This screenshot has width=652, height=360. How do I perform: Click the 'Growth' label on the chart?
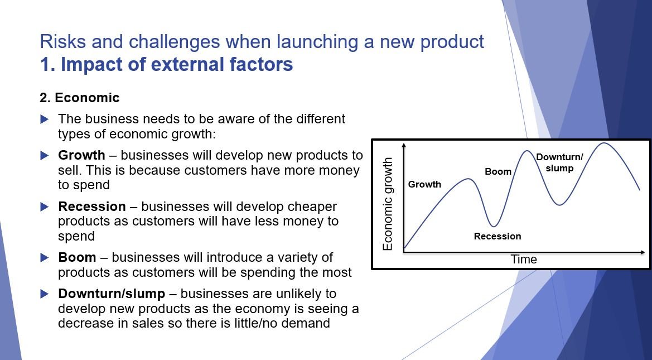click(424, 184)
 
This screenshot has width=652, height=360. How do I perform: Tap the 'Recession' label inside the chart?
click(498, 237)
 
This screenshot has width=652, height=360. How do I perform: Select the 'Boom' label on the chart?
click(498, 171)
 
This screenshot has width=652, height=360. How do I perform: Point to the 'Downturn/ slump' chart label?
click(559, 163)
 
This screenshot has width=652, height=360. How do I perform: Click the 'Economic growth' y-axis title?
click(387, 204)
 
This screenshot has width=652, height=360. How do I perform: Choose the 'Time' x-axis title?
click(524, 260)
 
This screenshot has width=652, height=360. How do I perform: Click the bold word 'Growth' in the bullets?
click(81, 155)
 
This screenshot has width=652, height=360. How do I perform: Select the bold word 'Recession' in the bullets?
click(92, 207)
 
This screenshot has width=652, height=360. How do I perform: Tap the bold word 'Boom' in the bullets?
click(77, 257)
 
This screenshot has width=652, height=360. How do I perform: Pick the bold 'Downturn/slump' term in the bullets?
click(112, 294)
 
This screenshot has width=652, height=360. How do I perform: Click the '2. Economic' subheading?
click(79, 98)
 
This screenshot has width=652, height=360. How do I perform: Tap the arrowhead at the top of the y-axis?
click(404, 145)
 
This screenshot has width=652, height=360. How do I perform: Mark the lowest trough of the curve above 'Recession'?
click(493, 227)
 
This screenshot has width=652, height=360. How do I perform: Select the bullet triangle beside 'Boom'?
click(45, 258)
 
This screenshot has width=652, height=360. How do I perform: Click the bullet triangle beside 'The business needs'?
click(45, 119)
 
